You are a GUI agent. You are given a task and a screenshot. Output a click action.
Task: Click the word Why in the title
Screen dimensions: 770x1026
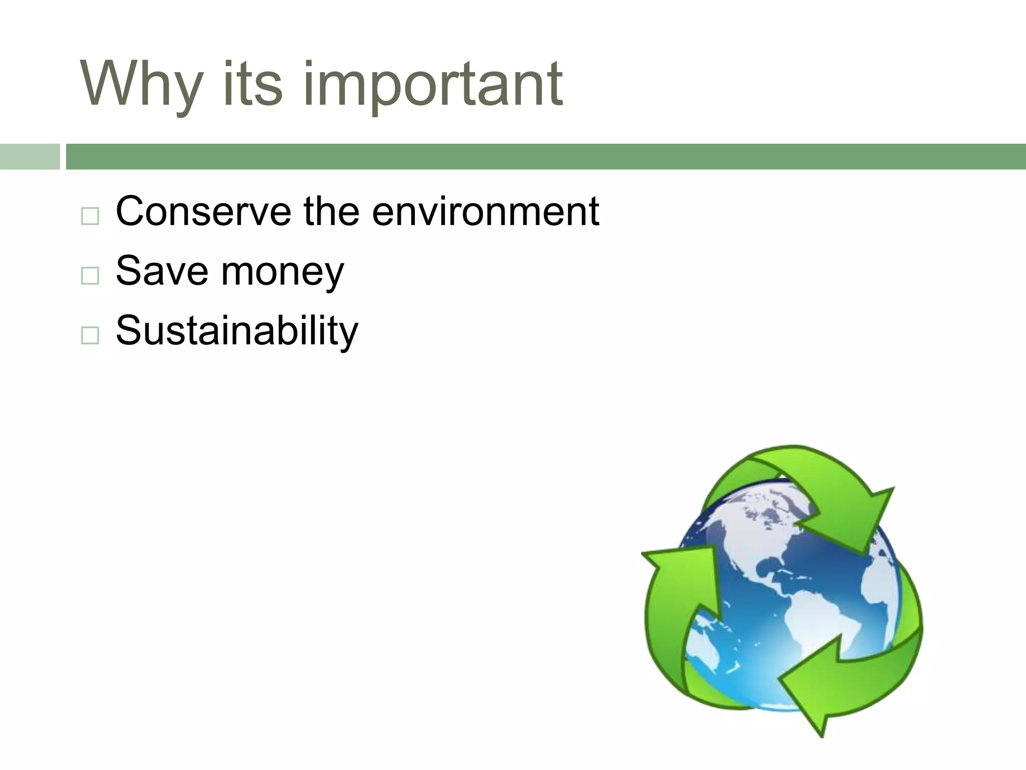coord(142,84)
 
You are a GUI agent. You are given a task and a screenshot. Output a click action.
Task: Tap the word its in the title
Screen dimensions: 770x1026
coord(252,84)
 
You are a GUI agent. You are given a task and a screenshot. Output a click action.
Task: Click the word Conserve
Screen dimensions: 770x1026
coord(203,211)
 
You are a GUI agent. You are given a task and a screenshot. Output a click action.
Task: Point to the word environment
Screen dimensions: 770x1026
coord(485,211)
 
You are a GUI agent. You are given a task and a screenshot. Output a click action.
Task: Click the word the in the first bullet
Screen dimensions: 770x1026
coord(331,211)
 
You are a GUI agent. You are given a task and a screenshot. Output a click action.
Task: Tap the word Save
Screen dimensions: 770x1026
coord(162,271)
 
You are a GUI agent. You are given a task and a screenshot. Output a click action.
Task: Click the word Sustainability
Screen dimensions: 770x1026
coord(237,331)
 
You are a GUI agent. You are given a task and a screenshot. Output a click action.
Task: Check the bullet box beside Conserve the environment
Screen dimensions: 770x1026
coord(90,216)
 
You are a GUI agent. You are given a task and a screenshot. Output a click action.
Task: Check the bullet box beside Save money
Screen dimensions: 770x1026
coord(90,276)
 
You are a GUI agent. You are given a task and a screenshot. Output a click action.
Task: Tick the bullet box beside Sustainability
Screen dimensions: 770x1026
coord(90,335)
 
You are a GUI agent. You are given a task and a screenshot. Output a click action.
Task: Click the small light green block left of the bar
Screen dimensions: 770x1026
coord(30,156)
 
